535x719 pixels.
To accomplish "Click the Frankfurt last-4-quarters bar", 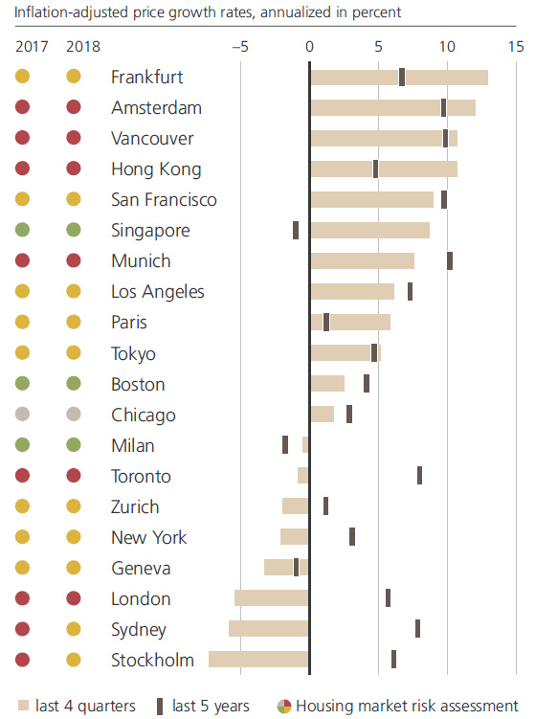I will [x=398, y=78].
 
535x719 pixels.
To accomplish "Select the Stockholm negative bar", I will [x=258, y=660].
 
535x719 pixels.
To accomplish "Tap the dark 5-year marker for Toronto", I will [x=419, y=476].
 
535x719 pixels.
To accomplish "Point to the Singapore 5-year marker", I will [x=296, y=231].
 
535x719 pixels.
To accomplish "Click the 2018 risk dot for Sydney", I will [x=73, y=629].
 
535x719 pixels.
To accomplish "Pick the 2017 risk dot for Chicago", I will [x=23, y=415].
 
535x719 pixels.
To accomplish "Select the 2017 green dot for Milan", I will [x=23, y=445].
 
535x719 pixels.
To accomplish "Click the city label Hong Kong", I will [x=156, y=169].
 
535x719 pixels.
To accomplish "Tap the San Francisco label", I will [x=164, y=200].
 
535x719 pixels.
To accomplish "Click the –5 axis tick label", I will [x=240, y=46].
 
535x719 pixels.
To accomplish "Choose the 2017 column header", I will [x=33, y=46].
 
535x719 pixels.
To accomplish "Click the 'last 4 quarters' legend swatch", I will [x=23, y=707].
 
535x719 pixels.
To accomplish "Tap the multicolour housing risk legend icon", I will [x=284, y=707].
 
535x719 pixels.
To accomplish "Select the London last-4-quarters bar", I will [x=272, y=598].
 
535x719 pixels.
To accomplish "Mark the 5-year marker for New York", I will [x=352, y=537].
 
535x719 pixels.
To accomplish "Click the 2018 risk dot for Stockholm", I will [x=73, y=660].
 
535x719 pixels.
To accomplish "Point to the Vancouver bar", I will [x=383, y=139].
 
